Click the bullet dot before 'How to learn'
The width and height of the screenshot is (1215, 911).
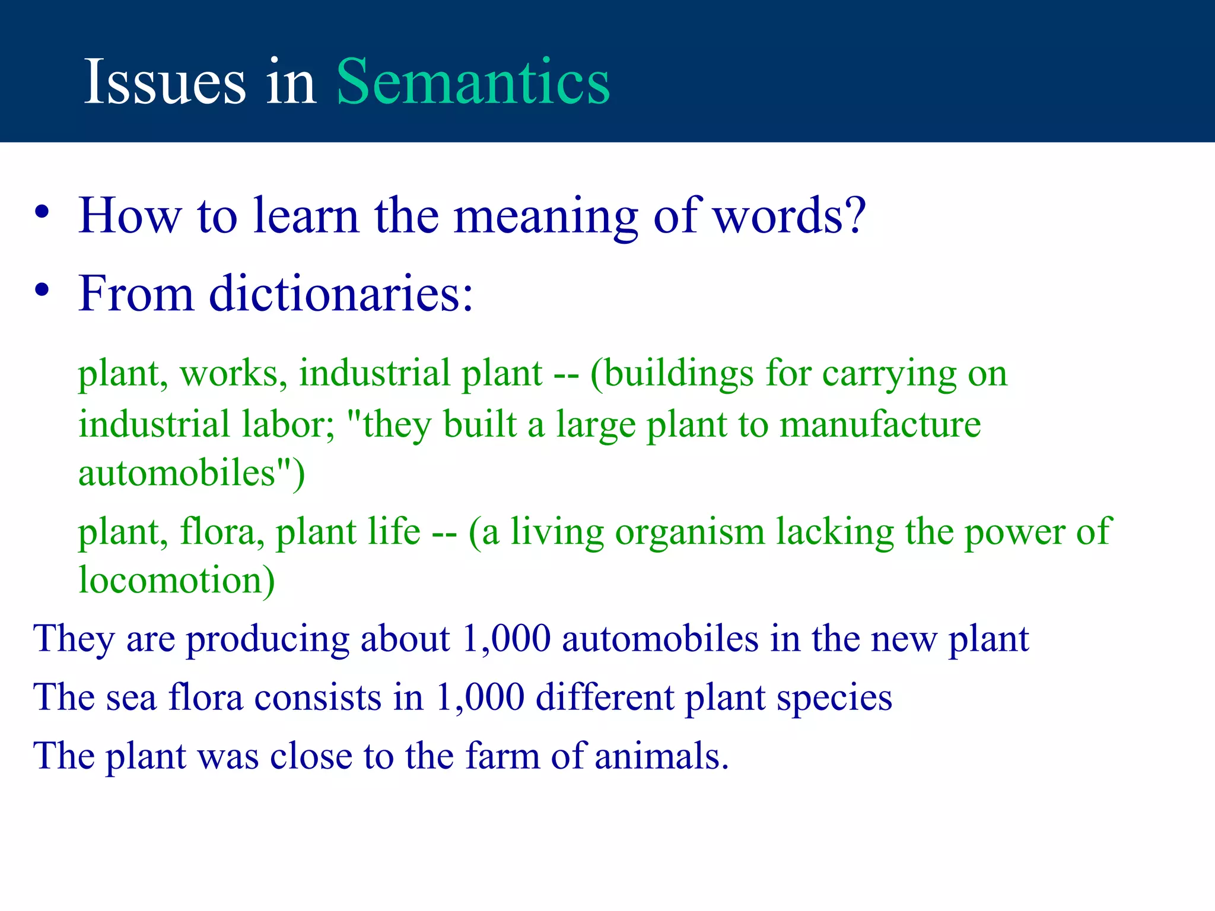pyautogui.click(x=42, y=212)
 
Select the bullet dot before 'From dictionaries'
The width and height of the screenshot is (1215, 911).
pyautogui.click(x=42, y=290)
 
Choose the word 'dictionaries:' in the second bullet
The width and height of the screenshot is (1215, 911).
pyautogui.click(x=341, y=293)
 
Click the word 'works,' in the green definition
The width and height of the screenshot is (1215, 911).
pyautogui.click(x=234, y=374)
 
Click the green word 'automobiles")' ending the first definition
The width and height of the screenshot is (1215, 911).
pyautogui.click(x=191, y=473)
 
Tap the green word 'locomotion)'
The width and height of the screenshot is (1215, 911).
pyautogui.click(x=177, y=580)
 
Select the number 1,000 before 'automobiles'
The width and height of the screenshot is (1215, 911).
pyautogui.click(x=506, y=639)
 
